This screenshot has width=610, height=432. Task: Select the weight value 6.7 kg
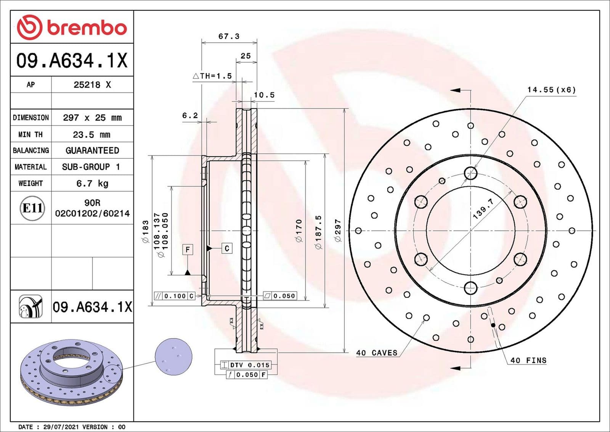pyautogui.click(x=92, y=184)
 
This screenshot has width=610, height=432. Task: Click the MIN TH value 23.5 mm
pyautogui.click(x=91, y=135)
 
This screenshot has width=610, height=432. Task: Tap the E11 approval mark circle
pyautogui.click(x=32, y=208)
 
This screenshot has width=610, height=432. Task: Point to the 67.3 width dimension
pyautogui.click(x=229, y=36)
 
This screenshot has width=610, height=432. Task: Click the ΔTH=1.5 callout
pyautogui.click(x=213, y=76)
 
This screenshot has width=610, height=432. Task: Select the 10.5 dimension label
pyautogui.click(x=264, y=95)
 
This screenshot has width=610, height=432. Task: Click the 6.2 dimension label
pyautogui.click(x=190, y=115)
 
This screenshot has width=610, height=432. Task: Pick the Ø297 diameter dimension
pyautogui.click(x=338, y=230)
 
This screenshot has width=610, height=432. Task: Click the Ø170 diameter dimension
pyautogui.click(x=299, y=231)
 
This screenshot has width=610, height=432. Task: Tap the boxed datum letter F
pyautogui.click(x=188, y=250)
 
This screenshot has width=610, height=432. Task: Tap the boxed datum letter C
pyautogui.click(x=227, y=248)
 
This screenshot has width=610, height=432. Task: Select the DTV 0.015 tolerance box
pyautogui.click(x=246, y=365)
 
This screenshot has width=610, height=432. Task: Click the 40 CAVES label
pyautogui.click(x=377, y=353)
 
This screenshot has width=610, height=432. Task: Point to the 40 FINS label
pyautogui.click(x=528, y=361)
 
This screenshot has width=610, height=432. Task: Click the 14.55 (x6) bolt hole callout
pyautogui.click(x=551, y=90)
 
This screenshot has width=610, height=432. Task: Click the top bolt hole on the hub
pyautogui.click(x=471, y=173)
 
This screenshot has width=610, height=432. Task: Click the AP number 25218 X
pyautogui.click(x=92, y=85)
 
